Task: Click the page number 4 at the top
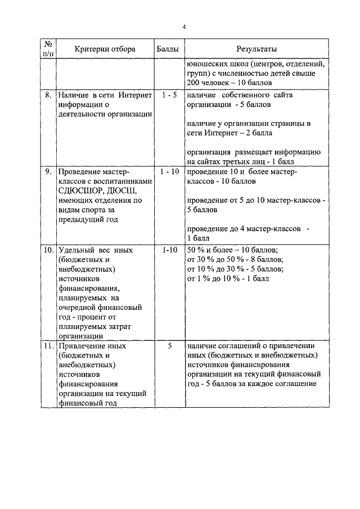tap(184, 26)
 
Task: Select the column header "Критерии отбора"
tap(105, 49)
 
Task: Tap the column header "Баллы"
tap(169, 49)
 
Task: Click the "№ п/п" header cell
tap(49, 49)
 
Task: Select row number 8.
tap(49, 95)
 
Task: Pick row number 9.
tap(49, 171)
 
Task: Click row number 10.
tap(49, 249)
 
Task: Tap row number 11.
tap(49, 346)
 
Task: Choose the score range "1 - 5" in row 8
tap(169, 95)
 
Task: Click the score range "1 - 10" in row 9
tap(169, 171)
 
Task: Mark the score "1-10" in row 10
tap(169, 249)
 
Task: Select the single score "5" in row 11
tap(169, 346)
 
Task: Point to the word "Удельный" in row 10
tap(75, 249)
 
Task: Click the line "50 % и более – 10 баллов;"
tap(232, 249)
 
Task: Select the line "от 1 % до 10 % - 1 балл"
tap(228, 278)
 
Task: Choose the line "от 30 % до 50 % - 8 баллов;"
tap(235, 259)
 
